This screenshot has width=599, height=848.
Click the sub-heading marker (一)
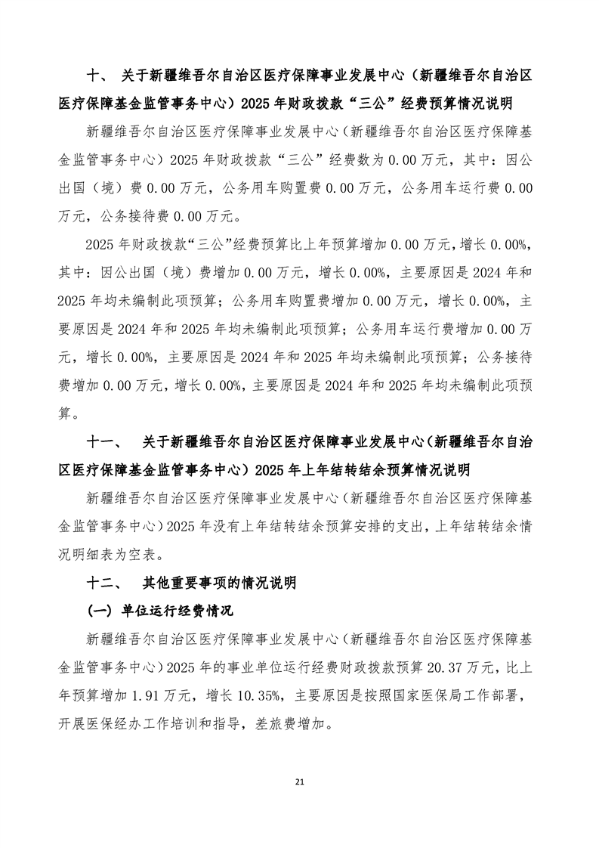pyautogui.click(x=100, y=610)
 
